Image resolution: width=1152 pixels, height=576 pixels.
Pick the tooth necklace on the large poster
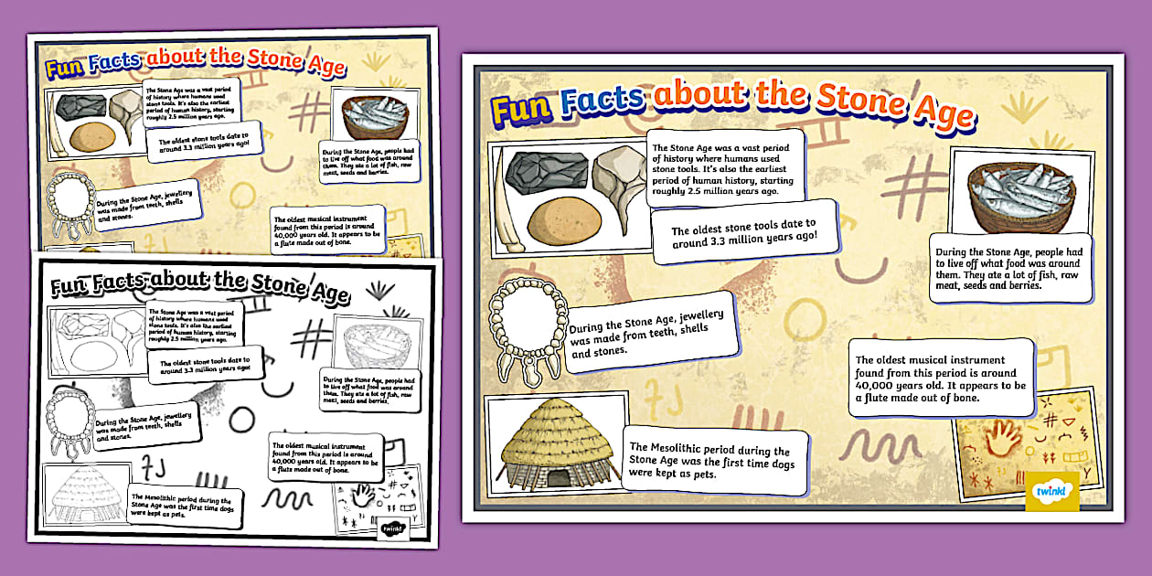coord(526,329)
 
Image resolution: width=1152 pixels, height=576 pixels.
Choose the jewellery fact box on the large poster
coord(647,332)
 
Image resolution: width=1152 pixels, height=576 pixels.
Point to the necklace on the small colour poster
coord(69,204)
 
